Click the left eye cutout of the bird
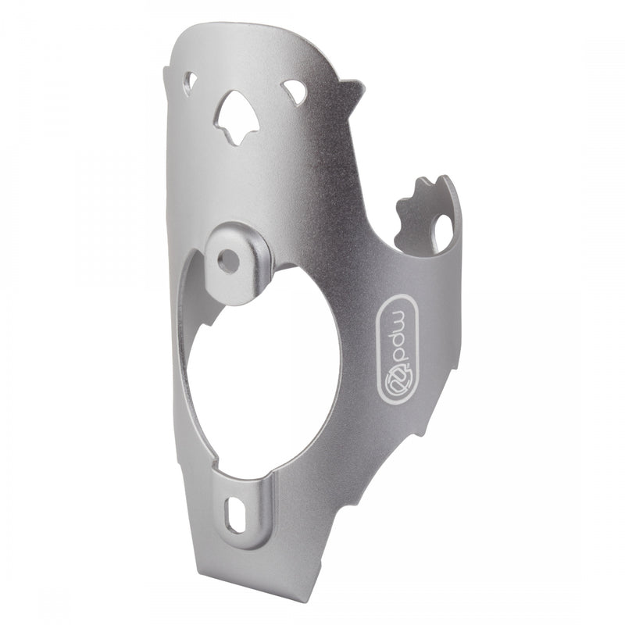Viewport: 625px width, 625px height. pyautogui.click(x=190, y=80)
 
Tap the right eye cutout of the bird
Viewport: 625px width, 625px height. pyautogui.click(x=295, y=92)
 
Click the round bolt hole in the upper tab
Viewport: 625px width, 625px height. pyautogui.click(x=229, y=262)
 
